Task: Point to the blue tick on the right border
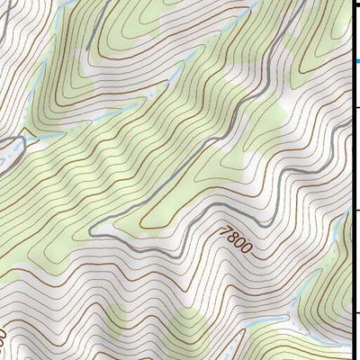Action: (355, 60)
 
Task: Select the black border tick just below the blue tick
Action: (355, 106)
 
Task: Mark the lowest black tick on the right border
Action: (355, 313)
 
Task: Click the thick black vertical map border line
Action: (351, 180)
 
